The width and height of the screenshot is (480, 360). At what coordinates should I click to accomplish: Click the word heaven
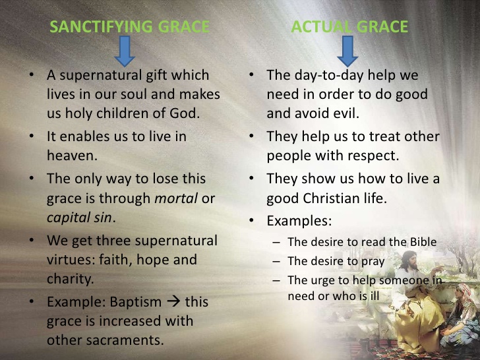(71, 155)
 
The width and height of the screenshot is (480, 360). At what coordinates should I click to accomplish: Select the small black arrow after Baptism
(174, 302)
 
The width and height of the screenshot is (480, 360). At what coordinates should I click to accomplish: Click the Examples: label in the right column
(299, 220)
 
